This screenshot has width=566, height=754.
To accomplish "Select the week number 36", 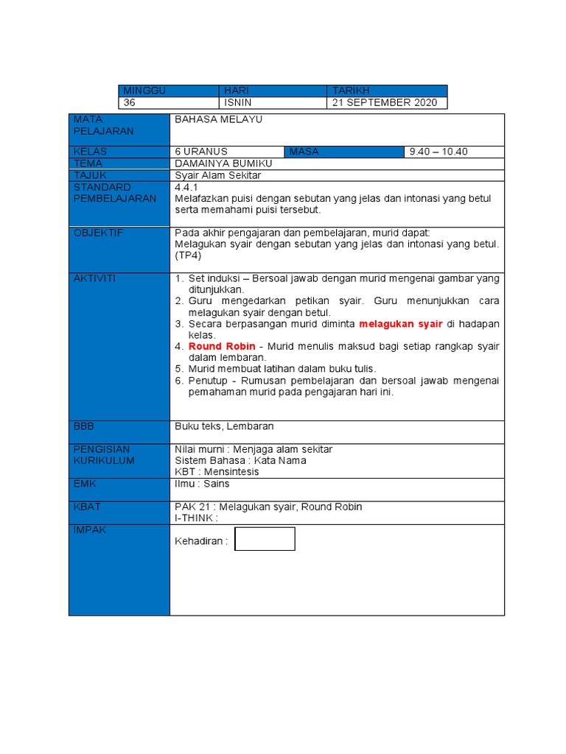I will pos(130,103).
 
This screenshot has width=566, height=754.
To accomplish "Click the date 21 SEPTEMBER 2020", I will pos(384,103).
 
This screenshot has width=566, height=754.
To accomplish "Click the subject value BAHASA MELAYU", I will pos(218,119).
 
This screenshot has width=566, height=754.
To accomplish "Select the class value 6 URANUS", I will pos(201,152).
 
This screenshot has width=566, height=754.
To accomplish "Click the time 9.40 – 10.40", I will pos(439,152).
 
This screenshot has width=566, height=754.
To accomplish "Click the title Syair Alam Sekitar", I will pos(217,175).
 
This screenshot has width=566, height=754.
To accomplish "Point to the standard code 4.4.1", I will pos(187,187).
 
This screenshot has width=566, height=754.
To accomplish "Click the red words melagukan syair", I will pos(400,324).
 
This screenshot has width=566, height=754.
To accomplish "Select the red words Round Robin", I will pos(222,346).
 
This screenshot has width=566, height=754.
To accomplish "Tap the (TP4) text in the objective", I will pos(187,255).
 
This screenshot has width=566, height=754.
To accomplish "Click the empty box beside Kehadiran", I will pos(265,539).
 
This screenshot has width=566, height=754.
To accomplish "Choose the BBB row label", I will pos(84,426).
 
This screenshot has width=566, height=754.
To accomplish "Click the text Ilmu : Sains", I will pos(202,484).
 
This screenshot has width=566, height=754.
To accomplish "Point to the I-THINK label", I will pos(196,518).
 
